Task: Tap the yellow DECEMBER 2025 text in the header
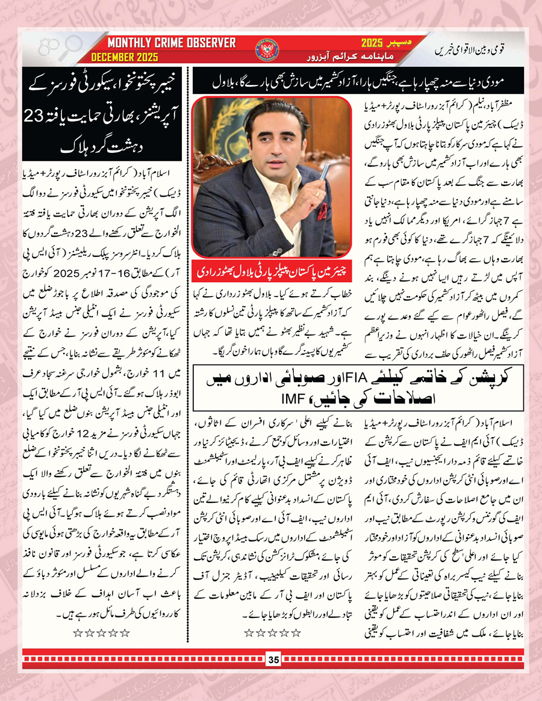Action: click(125, 58)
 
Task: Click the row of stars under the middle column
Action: click(272, 632)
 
